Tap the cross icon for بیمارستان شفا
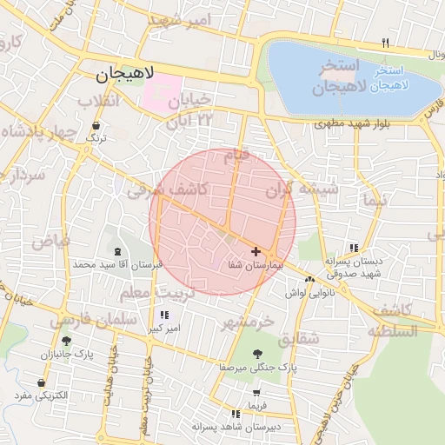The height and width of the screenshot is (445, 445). coord(255,251)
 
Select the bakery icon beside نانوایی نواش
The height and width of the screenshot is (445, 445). coord(310,280)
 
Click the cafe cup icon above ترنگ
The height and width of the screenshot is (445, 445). coord(96,126)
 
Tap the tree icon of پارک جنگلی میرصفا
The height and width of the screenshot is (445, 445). coord(257,353)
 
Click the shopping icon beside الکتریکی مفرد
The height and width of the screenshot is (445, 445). coord(41,382)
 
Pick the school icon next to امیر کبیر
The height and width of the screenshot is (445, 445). coord(164,315)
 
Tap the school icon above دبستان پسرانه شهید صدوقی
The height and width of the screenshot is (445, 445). coord(352,247)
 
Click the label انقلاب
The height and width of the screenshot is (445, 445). coord(98,102)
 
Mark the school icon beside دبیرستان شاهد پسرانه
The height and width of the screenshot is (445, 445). coord(235,414)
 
